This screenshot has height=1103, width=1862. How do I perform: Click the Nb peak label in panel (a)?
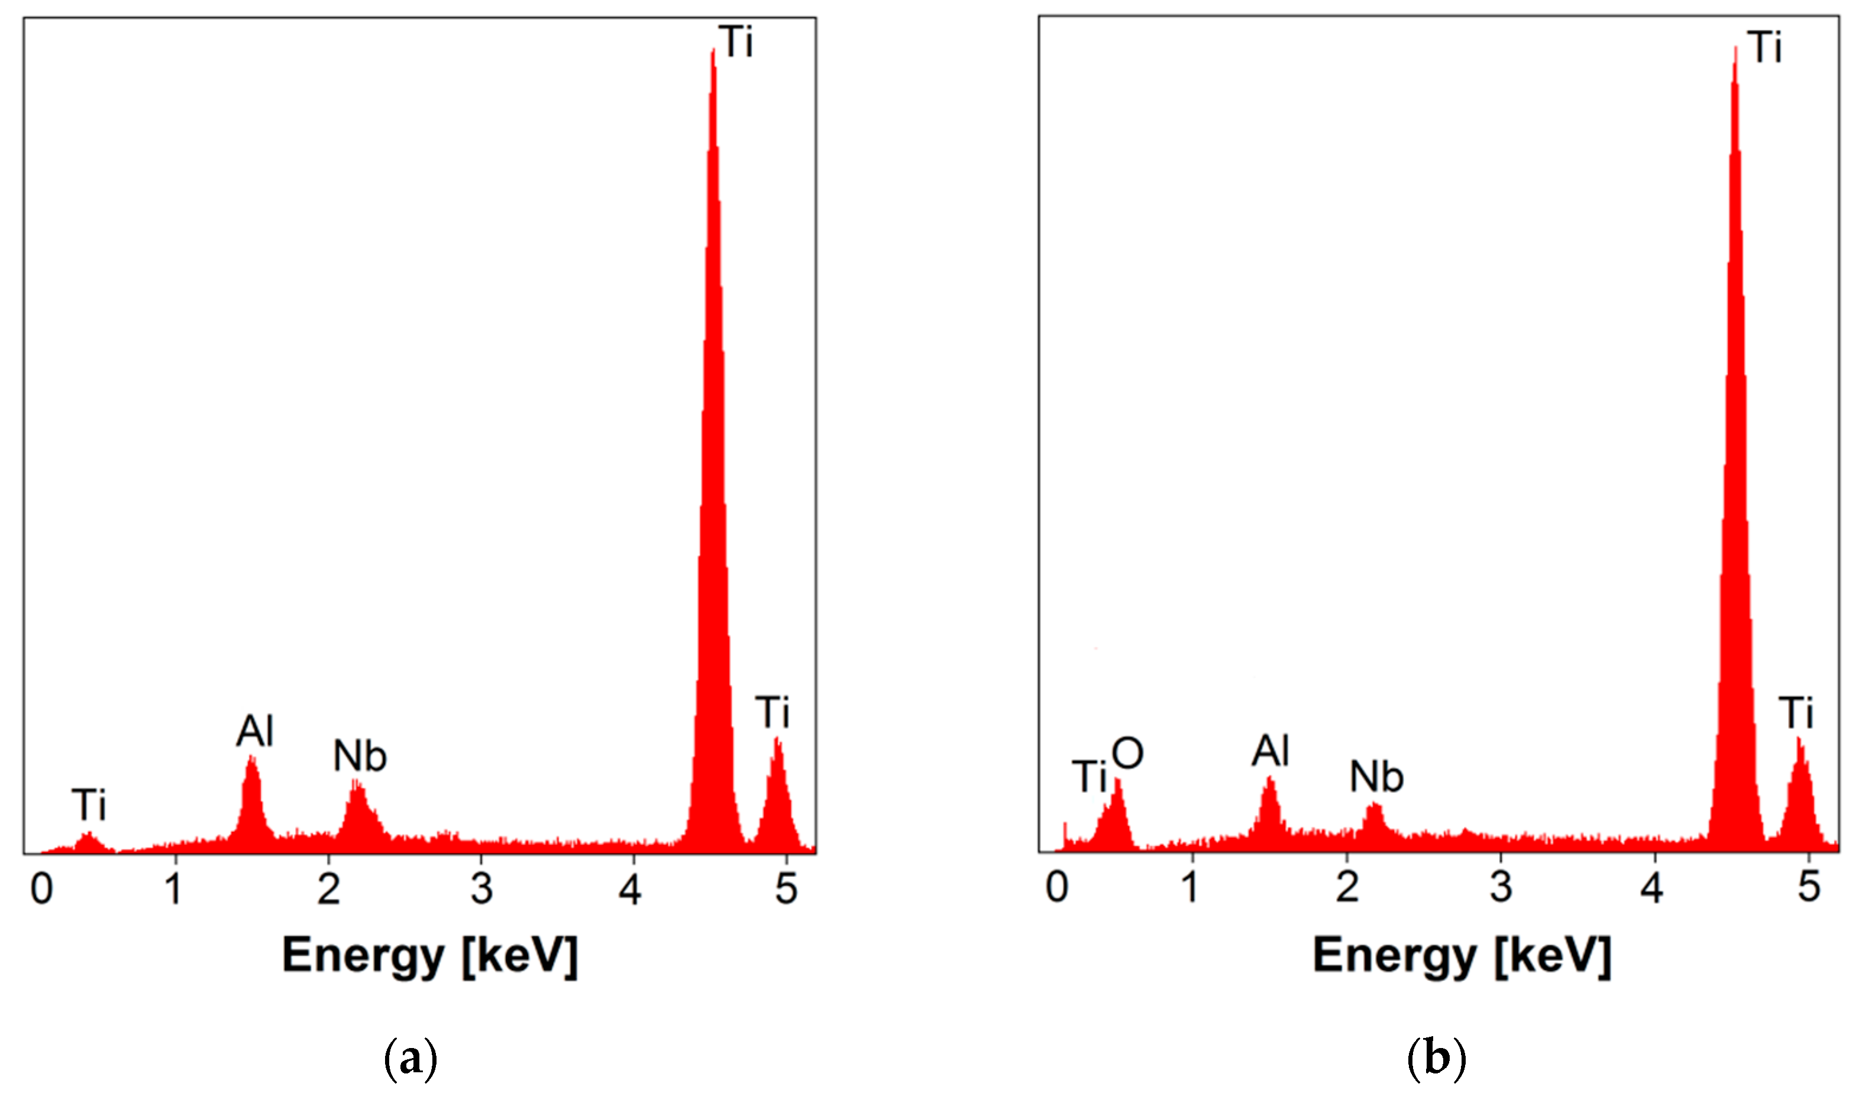click(360, 757)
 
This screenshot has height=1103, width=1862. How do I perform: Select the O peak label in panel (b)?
click(1127, 754)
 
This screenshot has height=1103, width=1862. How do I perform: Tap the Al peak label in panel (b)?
click(1270, 751)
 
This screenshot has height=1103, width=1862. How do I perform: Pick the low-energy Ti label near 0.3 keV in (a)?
click(89, 805)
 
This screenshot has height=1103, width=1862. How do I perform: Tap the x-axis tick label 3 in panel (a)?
click(482, 888)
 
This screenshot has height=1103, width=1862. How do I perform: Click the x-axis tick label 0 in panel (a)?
click(41, 888)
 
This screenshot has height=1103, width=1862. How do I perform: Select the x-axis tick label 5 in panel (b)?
click(1808, 887)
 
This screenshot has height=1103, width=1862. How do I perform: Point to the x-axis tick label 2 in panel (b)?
click(1347, 887)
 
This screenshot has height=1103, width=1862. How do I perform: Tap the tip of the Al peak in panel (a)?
click(251, 757)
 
